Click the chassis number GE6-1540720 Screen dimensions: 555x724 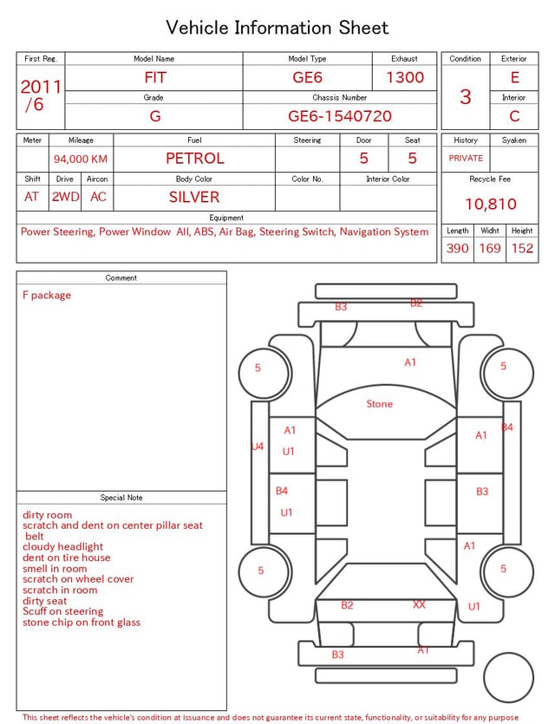[340, 116]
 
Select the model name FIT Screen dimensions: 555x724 [155, 77]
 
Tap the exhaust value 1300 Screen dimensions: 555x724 [405, 77]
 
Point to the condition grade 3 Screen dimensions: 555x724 [466, 97]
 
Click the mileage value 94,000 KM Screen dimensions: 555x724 [81, 160]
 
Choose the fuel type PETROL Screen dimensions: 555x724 [195, 159]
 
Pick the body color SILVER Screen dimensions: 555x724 [194, 197]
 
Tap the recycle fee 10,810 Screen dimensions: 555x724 [490, 204]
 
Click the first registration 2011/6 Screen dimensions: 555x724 [41, 95]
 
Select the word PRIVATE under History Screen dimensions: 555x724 [466, 158]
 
